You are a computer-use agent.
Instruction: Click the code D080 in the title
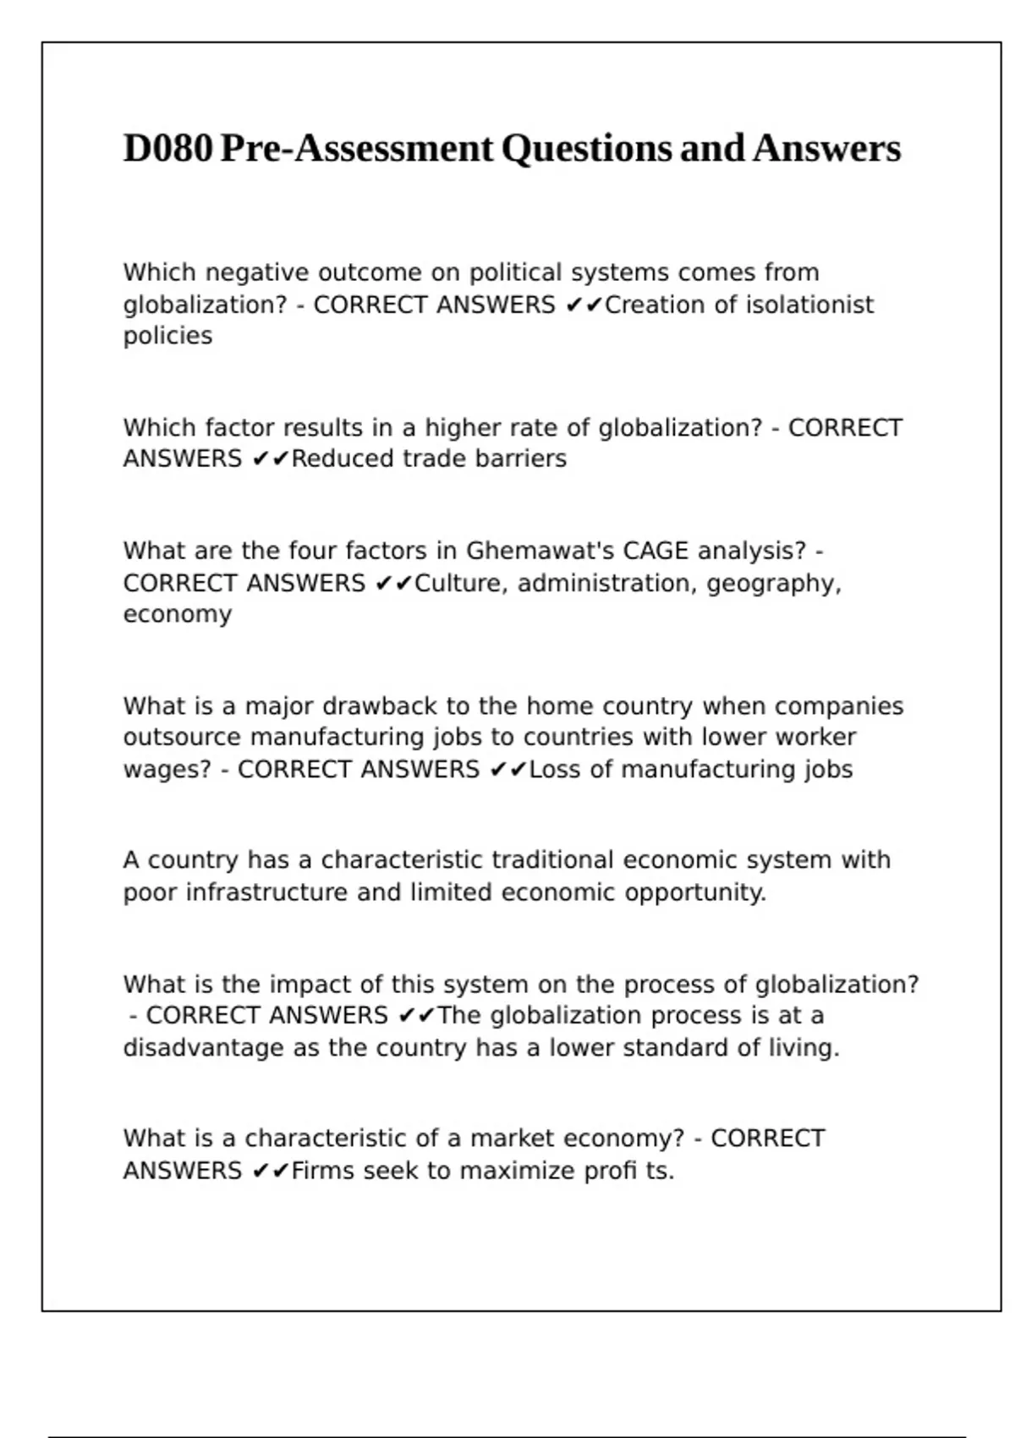[x=167, y=149]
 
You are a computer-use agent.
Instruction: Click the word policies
[x=167, y=336]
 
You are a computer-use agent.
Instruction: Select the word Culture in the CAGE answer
[x=458, y=583]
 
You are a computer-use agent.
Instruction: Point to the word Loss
[x=555, y=769]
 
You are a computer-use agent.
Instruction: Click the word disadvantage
[x=204, y=1047]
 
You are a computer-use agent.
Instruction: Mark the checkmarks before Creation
[x=584, y=305]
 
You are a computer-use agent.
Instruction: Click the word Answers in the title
[x=826, y=149]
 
